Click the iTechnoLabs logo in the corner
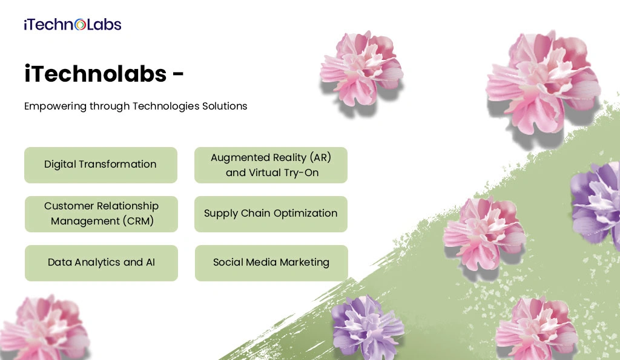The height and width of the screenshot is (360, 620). (73, 25)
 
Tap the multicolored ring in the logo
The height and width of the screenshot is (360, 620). (80, 25)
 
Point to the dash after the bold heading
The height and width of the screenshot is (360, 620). (179, 75)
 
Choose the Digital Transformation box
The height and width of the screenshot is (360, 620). (101, 165)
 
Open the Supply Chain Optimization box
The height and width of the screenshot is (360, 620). (271, 214)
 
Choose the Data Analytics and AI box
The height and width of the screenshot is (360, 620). (101, 263)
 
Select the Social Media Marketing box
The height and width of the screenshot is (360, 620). (271, 263)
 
